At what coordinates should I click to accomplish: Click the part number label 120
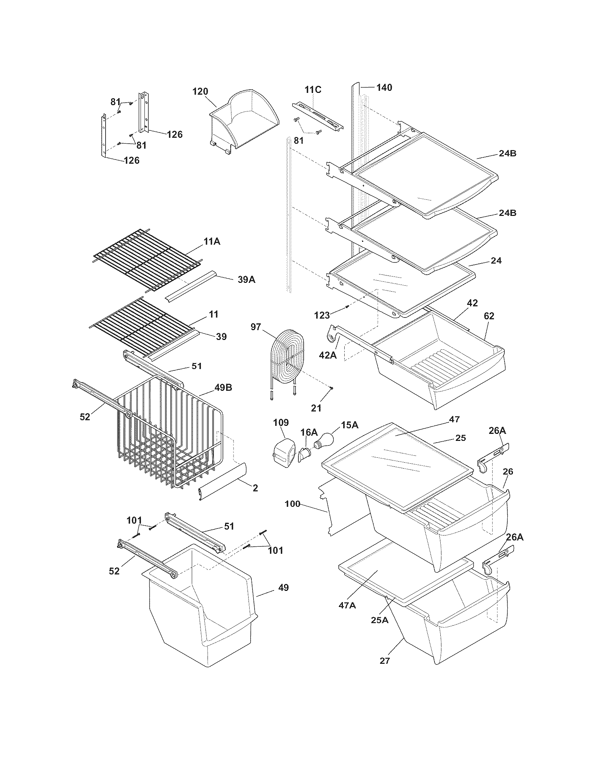click(x=200, y=91)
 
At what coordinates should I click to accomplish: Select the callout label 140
click(x=384, y=87)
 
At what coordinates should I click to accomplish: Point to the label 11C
click(x=313, y=90)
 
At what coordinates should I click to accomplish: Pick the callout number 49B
click(x=223, y=388)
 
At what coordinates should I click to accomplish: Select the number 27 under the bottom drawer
click(x=385, y=661)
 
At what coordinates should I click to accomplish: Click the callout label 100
click(x=292, y=504)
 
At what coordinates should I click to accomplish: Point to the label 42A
click(x=328, y=355)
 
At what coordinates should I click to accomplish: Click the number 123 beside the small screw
click(x=322, y=315)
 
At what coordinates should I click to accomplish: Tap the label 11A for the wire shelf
click(x=212, y=241)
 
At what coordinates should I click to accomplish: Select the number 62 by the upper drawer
click(x=489, y=316)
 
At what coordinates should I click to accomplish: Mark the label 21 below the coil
click(x=316, y=408)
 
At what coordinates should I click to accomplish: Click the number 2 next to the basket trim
click(x=255, y=488)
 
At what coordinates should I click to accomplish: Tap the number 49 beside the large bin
click(x=283, y=587)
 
